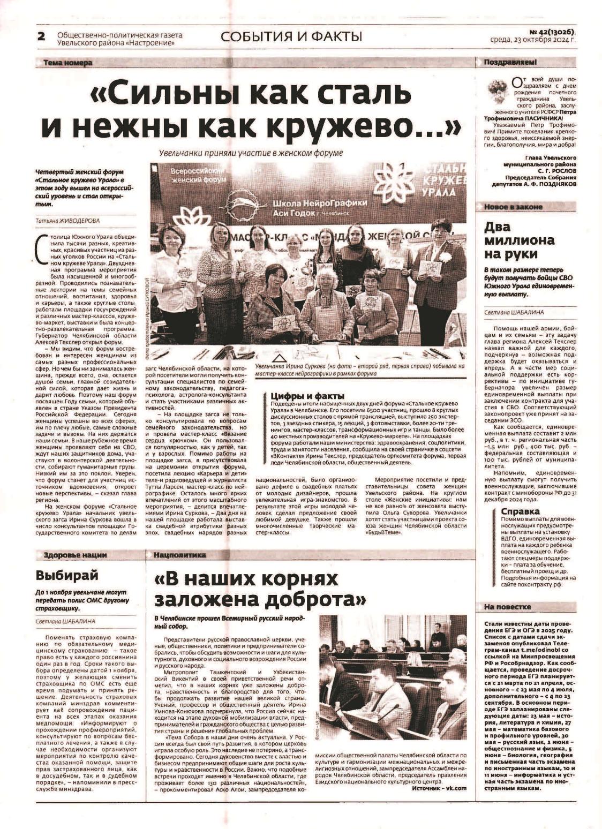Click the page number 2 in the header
(41, 36)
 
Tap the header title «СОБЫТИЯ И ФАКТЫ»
(291, 36)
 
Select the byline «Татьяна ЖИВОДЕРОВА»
(67, 220)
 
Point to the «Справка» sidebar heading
(520, 511)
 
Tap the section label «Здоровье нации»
(75, 555)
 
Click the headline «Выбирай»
(67, 575)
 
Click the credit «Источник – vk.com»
(439, 788)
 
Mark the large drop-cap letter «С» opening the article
(39, 244)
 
